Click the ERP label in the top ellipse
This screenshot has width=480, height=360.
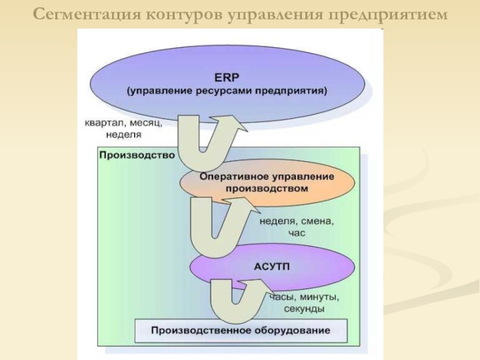point(226,77)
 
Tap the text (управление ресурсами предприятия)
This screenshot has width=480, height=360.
point(227,91)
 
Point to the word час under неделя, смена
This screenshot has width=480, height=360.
point(296,233)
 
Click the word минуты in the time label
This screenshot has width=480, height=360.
point(320,297)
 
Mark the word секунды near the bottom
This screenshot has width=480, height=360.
point(304,309)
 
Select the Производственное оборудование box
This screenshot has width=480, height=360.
point(241,331)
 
